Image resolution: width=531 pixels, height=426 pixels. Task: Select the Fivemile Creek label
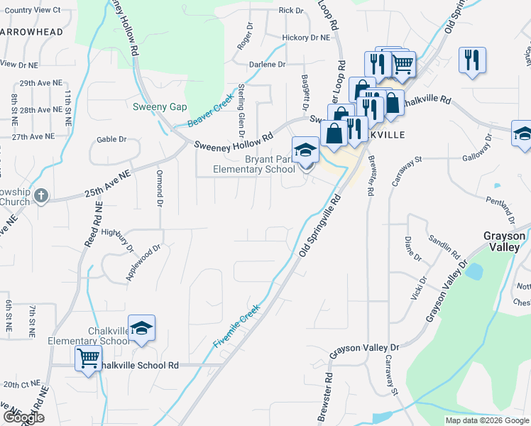click(x=237, y=326)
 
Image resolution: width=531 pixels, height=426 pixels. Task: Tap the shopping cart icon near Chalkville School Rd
click(x=88, y=359)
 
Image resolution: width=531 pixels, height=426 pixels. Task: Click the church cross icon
click(x=41, y=195)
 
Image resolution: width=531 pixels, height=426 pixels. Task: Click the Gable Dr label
click(x=111, y=140)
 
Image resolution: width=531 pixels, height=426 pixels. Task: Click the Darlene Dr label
click(x=266, y=64)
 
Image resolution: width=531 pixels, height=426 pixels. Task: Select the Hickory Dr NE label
click(x=306, y=37)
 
